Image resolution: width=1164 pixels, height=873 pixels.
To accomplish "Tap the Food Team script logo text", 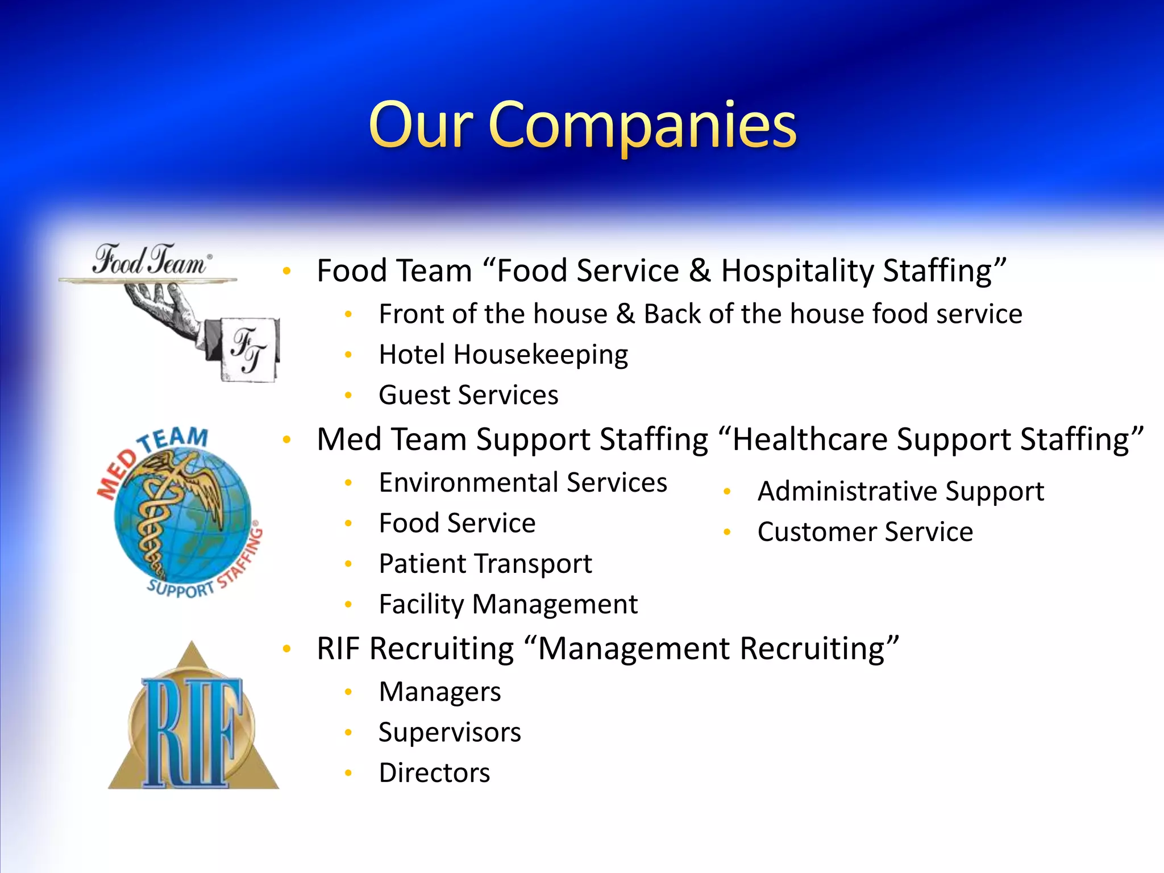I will point(151,260).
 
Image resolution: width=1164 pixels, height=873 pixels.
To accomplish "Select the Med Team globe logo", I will point(181,513).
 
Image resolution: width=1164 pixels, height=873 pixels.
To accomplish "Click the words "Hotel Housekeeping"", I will point(504,355).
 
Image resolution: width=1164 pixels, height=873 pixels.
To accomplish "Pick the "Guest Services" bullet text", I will point(468,395).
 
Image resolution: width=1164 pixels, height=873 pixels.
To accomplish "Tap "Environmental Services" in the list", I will point(523,483).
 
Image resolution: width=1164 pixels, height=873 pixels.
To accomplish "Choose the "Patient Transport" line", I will point(485,564).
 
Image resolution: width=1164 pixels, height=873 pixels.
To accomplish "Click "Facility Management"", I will point(508,604).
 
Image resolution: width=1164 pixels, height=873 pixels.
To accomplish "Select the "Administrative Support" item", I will point(900,491).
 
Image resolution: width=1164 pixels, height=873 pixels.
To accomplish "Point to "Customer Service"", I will point(865,532).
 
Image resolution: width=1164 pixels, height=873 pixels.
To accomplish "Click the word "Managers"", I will point(440,692).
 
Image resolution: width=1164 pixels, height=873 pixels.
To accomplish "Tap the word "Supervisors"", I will point(450,732).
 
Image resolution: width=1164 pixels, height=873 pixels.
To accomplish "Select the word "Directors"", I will point(434,773).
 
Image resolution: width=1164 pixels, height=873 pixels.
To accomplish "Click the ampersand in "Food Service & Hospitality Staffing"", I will point(700,271).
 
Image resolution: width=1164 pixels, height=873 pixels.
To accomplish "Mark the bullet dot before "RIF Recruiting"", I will point(287,648).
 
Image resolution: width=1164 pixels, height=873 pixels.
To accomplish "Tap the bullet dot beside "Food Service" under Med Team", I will point(349,523).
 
